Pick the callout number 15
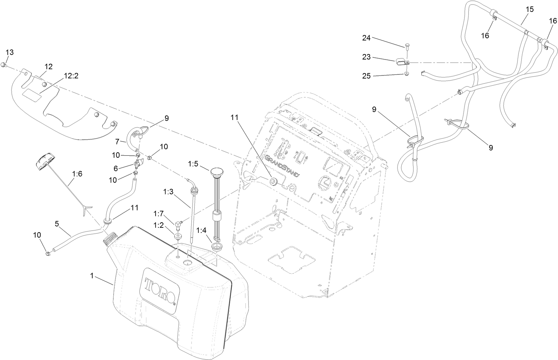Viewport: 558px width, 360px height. pos(530,9)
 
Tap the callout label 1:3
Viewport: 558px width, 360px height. pos(168,192)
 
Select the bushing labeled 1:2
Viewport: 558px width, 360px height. pos(177,236)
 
